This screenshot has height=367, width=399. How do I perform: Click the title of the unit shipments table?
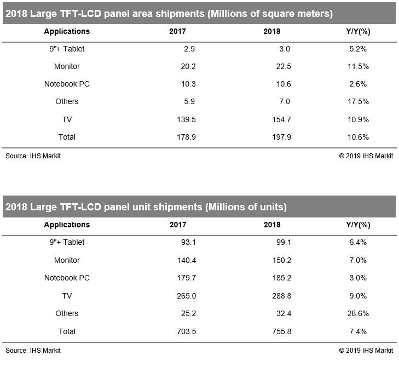[146, 207]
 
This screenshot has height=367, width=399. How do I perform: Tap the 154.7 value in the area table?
[280, 119]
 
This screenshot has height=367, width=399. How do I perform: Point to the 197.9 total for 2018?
[280, 137]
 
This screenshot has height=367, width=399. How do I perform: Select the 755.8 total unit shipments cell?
[280, 331]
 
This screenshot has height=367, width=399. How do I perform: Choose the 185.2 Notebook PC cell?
[280, 278]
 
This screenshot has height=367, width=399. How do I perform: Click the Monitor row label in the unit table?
[67, 260]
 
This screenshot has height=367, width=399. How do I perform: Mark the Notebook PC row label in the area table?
[67, 84]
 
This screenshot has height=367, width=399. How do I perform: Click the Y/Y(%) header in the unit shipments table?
[358, 225]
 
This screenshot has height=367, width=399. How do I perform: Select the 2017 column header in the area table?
[178, 31]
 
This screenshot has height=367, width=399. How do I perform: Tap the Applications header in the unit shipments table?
[67, 225]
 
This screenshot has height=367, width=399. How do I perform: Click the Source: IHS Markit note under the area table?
[33, 156]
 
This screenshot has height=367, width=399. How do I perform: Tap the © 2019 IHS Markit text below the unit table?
[366, 350]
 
